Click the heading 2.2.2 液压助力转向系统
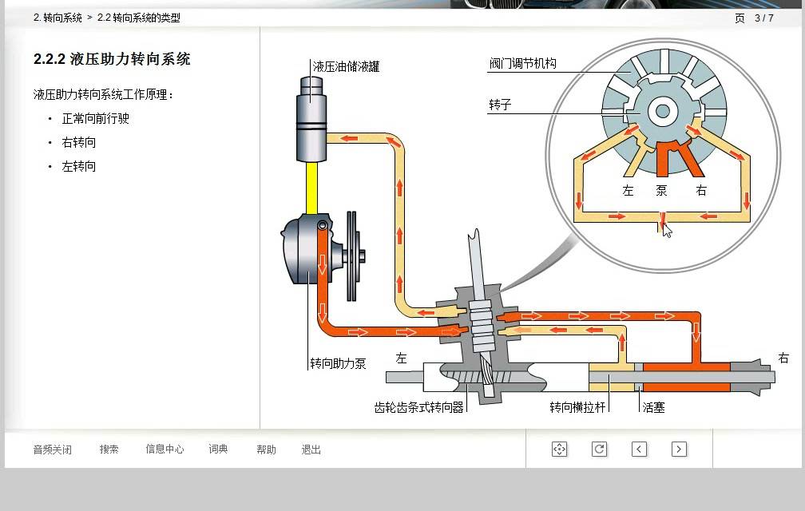(x=112, y=59)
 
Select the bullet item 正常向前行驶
(x=96, y=118)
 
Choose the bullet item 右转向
(x=78, y=142)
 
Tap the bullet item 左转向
(x=78, y=166)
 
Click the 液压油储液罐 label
(x=346, y=67)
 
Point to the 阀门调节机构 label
(x=522, y=63)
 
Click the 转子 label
(x=500, y=105)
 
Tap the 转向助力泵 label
(x=338, y=364)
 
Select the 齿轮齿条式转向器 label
(x=419, y=407)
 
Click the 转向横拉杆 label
(x=577, y=407)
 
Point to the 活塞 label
(x=653, y=407)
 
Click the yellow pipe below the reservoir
(x=311, y=188)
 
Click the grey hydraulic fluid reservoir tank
(x=311, y=119)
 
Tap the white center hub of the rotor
(x=663, y=111)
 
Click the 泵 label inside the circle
(x=662, y=190)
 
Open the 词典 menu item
(x=218, y=449)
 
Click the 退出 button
(x=311, y=450)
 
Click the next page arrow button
(x=679, y=449)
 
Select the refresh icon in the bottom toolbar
(x=599, y=449)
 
